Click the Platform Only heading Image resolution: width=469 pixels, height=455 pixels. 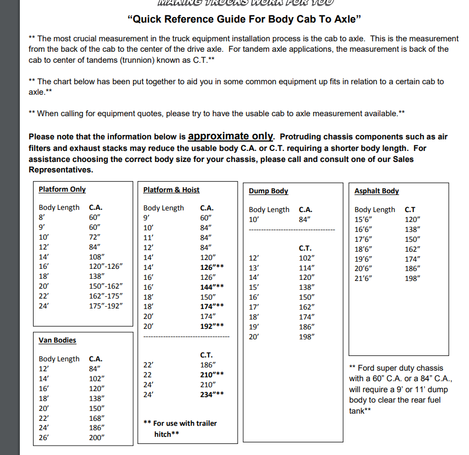(x=62, y=189)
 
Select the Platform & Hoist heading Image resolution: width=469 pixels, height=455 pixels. (x=171, y=189)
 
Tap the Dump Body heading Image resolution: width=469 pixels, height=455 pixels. (x=269, y=191)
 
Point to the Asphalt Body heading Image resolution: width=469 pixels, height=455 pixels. (x=377, y=191)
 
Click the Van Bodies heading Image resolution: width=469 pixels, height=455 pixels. (x=57, y=340)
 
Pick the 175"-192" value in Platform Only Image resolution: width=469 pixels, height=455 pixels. (x=106, y=305)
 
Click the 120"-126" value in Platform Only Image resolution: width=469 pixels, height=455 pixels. (x=106, y=266)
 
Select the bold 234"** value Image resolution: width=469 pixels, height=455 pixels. (x=212, y=394)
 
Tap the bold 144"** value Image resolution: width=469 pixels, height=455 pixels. (x=212, y=286)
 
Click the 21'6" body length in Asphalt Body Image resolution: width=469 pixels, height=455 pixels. (x=363, y=278)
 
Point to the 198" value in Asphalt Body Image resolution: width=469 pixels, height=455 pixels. (x=412, y=278)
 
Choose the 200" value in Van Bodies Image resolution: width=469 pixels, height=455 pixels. (x=97, y=438)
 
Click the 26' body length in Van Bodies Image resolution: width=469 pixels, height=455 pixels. (x=44, y=438)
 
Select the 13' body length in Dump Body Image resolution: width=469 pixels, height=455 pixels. (x=254, y=268)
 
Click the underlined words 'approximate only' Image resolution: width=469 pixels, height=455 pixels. (x=231, y=136)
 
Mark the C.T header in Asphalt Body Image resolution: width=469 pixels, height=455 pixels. (x=410, y=209)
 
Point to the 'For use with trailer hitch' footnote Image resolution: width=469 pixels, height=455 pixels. (x=179, y=429)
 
